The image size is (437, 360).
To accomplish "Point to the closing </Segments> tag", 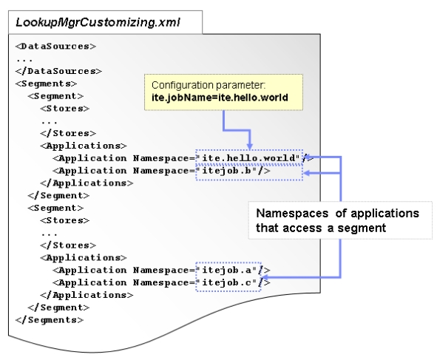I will pyautogui.click(x=49, y=319).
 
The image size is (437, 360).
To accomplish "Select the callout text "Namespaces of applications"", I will pyautogui.click(x=337, y=214).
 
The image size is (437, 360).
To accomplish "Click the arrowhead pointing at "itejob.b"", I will pyautogui.click(x=308, y=171).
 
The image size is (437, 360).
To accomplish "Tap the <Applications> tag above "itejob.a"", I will pyautogui.click(x=83, y=257).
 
